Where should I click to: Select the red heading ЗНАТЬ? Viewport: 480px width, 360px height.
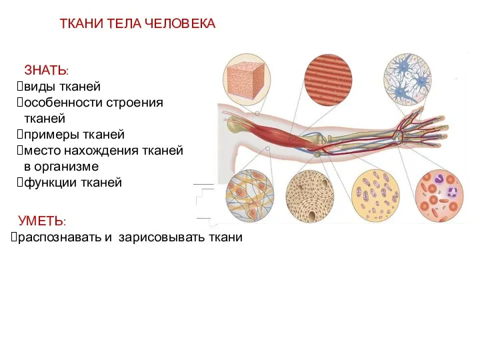coord(46,70)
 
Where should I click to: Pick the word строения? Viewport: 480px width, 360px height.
coord(138,103)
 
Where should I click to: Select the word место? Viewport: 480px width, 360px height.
coord(42,151)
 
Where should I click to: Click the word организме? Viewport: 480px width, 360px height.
coord(67,167)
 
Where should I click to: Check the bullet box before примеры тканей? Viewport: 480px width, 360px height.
coord(19,135)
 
